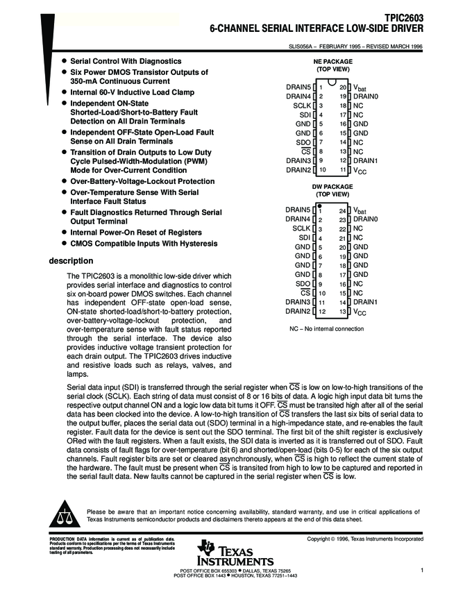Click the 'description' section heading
coord(70,261)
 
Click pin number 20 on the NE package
coord(343,87)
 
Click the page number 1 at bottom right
coord(421,570)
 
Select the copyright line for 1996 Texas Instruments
coord(365,539)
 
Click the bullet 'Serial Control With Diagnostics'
coord(126,61)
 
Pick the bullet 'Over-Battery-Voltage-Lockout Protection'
coord(142,180)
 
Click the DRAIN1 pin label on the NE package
coord(366,160)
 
